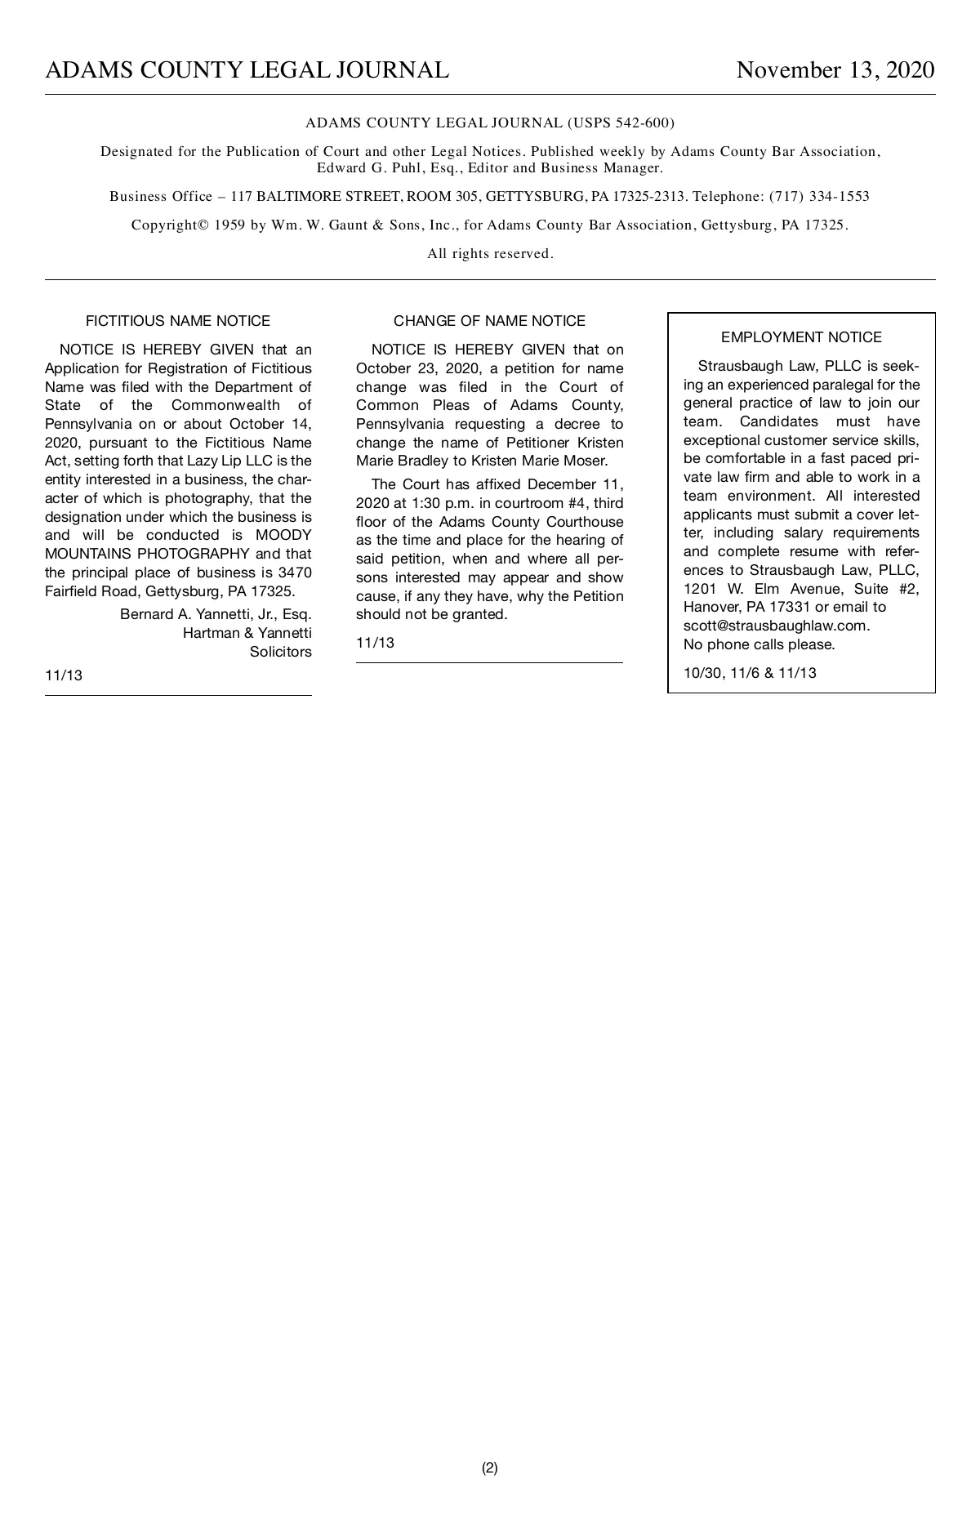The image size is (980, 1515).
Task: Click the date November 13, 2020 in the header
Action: (835, 70)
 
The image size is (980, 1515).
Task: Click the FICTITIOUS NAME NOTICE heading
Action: (178, 321)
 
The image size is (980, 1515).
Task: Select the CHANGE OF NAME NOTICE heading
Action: (489, 321)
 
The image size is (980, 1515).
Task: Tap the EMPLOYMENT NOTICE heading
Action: (801, 337)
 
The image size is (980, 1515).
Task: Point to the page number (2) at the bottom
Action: (489, 1468)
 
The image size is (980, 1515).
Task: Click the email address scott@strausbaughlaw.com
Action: (776, 626)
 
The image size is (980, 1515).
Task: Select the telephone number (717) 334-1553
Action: (819, 196)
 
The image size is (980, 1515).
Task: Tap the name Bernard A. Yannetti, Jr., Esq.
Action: (216, 614)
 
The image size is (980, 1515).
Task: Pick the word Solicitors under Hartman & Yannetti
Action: (280, 652)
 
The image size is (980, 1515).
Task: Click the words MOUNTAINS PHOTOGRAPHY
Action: (147, 554)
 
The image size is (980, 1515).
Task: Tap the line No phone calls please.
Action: (759, 644)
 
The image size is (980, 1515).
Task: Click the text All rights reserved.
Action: (490, 254)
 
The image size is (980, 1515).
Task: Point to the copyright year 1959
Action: (229, 225)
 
